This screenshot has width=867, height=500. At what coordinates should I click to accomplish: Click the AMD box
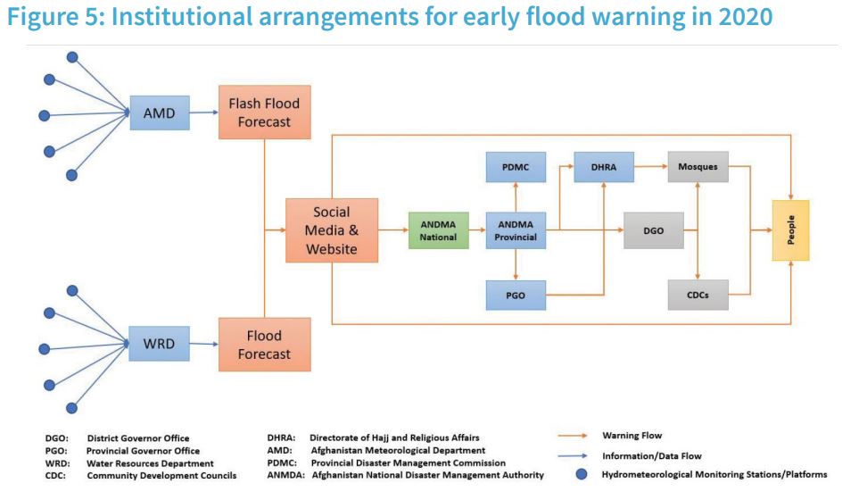160,113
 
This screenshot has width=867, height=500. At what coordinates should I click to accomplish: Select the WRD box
160,344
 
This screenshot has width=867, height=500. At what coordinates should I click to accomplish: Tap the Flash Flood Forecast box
264,112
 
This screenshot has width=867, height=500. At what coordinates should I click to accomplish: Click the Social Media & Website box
332,230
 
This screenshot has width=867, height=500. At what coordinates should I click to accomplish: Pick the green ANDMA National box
439,230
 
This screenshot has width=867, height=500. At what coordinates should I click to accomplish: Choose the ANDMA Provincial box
516,230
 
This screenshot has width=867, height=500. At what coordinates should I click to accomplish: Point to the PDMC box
516,167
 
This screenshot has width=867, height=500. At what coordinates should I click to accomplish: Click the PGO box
516,296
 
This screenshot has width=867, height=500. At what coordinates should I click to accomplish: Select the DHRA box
604,167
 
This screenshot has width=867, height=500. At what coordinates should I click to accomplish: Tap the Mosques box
698,167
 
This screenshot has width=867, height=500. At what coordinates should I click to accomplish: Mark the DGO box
654,230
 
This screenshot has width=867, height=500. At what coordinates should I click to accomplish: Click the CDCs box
698,296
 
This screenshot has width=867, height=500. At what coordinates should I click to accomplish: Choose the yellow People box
790,230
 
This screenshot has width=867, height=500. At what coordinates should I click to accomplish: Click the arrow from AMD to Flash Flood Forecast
204,112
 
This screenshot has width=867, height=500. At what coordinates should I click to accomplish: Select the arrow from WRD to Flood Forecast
204,344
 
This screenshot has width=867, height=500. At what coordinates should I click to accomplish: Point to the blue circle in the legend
582,474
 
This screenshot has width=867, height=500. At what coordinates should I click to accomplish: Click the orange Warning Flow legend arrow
573,436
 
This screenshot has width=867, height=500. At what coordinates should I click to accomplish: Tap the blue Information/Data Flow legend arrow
573,455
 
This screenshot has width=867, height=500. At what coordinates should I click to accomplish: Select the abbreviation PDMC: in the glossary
282,462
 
